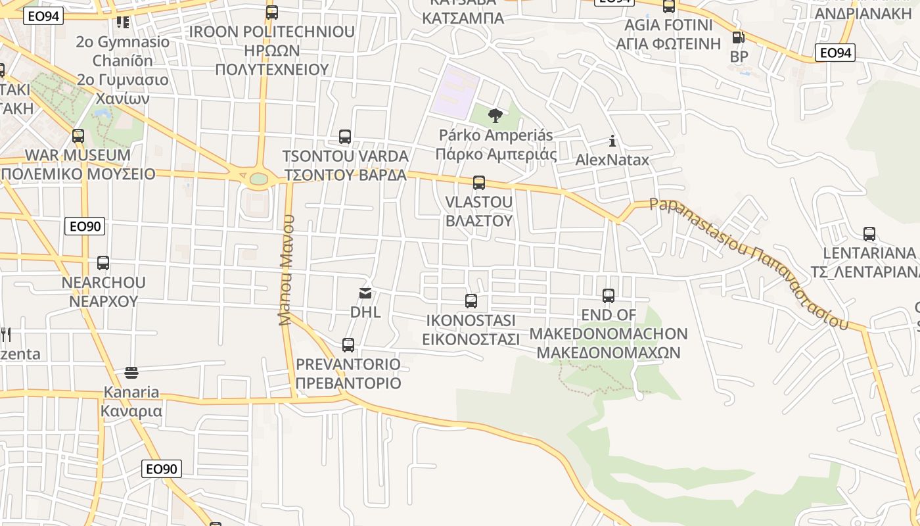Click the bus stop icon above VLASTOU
pyautogui.click(x=479, y=182)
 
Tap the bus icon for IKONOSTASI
pyautogui.click(x=471, y=301)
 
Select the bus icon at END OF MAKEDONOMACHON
pyautogui.click(x=609, y=296)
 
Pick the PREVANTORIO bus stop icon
pyautogui.click(x=348, y=345)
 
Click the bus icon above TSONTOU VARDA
pyautogui.click(x=345, y=137)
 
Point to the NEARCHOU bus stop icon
pyautogui.click(x=103, y=263)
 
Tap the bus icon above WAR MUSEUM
pyautogui.click(x=78, y=136)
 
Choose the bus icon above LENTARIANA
pyautogui.click(x=869, y=233)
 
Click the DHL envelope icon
pyautogui.click(x=365, y=293)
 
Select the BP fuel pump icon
pyautogui.click(x=739, y=38)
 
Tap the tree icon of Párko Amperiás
pyautogui.click(x=495, y=116)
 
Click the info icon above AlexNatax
pyautogui.click(x=612, y=141)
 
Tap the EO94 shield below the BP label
pyautogui.click(x=835, y=53)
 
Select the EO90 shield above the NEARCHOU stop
pyautogui.click(x=85, y=227)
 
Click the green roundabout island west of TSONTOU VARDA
pyautogui.click(x=259, y=178)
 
